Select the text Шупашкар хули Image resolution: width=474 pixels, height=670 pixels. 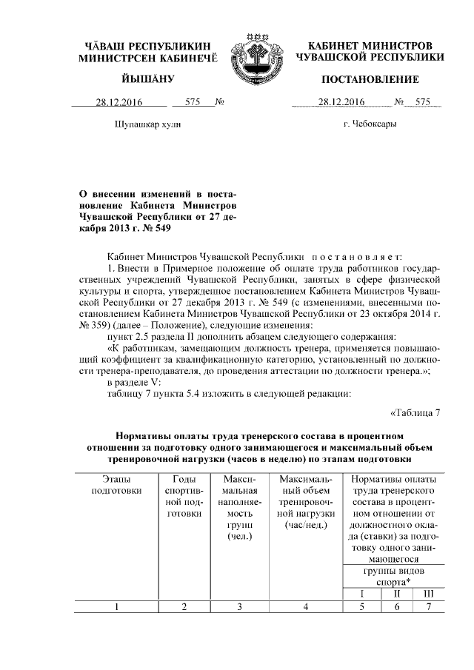coord(147,124)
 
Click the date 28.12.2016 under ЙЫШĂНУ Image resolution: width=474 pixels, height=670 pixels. coord(119,103)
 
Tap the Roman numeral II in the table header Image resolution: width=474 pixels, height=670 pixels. coord(397,594)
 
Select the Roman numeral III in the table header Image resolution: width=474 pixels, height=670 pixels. coord(428,594)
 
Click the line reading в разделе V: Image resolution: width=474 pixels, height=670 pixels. coord(133,382)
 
